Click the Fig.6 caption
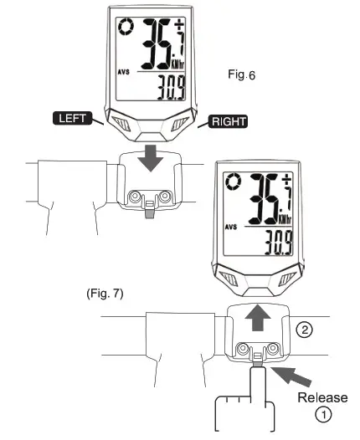241,74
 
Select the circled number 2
306,329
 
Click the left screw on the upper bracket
133,196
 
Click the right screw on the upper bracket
165,196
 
